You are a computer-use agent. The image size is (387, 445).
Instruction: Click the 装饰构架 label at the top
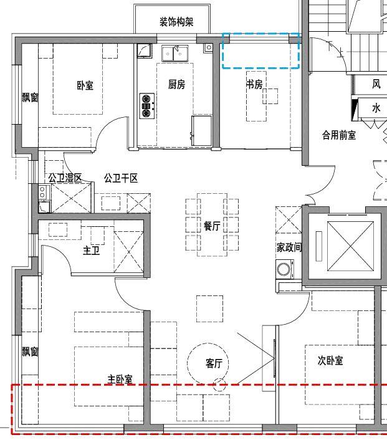click(176, 22)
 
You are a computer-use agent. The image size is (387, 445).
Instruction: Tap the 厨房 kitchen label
click(176, 84)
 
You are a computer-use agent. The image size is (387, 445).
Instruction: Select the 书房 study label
click(254, 84)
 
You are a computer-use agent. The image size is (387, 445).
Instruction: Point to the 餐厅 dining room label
click(212, 226)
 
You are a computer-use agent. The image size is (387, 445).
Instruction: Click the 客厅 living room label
click(214, 363)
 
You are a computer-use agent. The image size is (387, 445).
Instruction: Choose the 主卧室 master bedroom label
click(120, 379)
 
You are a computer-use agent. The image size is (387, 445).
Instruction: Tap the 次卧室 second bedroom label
click(330, 360)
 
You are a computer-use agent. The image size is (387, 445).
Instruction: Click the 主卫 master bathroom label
click(92, 251)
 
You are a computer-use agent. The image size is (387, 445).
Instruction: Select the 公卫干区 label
click(120, 178)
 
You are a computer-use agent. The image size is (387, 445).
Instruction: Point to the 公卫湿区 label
click(65, 178)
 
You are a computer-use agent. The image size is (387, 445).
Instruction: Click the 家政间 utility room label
click(289, 247)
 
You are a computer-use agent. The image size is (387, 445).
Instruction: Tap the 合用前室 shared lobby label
click(339, 135)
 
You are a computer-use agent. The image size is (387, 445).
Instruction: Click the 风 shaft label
click(376, 84)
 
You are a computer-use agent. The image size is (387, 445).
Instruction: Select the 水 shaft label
click(376, 108)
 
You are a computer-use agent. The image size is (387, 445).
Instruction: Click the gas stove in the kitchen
click(147, 106)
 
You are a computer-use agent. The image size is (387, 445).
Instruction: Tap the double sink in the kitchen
click(174, 54)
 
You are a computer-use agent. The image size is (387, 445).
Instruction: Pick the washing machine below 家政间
click(285, 269)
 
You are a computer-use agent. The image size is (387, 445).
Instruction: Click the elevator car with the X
click(350, 246)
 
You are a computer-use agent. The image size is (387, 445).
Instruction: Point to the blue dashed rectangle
click(260, 35)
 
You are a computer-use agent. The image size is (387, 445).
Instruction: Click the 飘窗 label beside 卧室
click(30, 97)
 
